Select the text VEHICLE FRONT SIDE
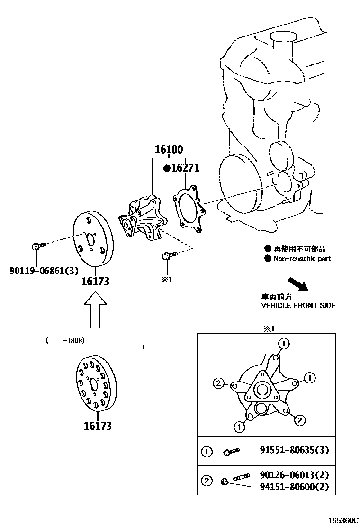click(x=298, y=306)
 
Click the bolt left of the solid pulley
click(x=37, y=246)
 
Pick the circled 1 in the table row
click(x=207, y=452)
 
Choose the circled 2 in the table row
click(x=207, y=481)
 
